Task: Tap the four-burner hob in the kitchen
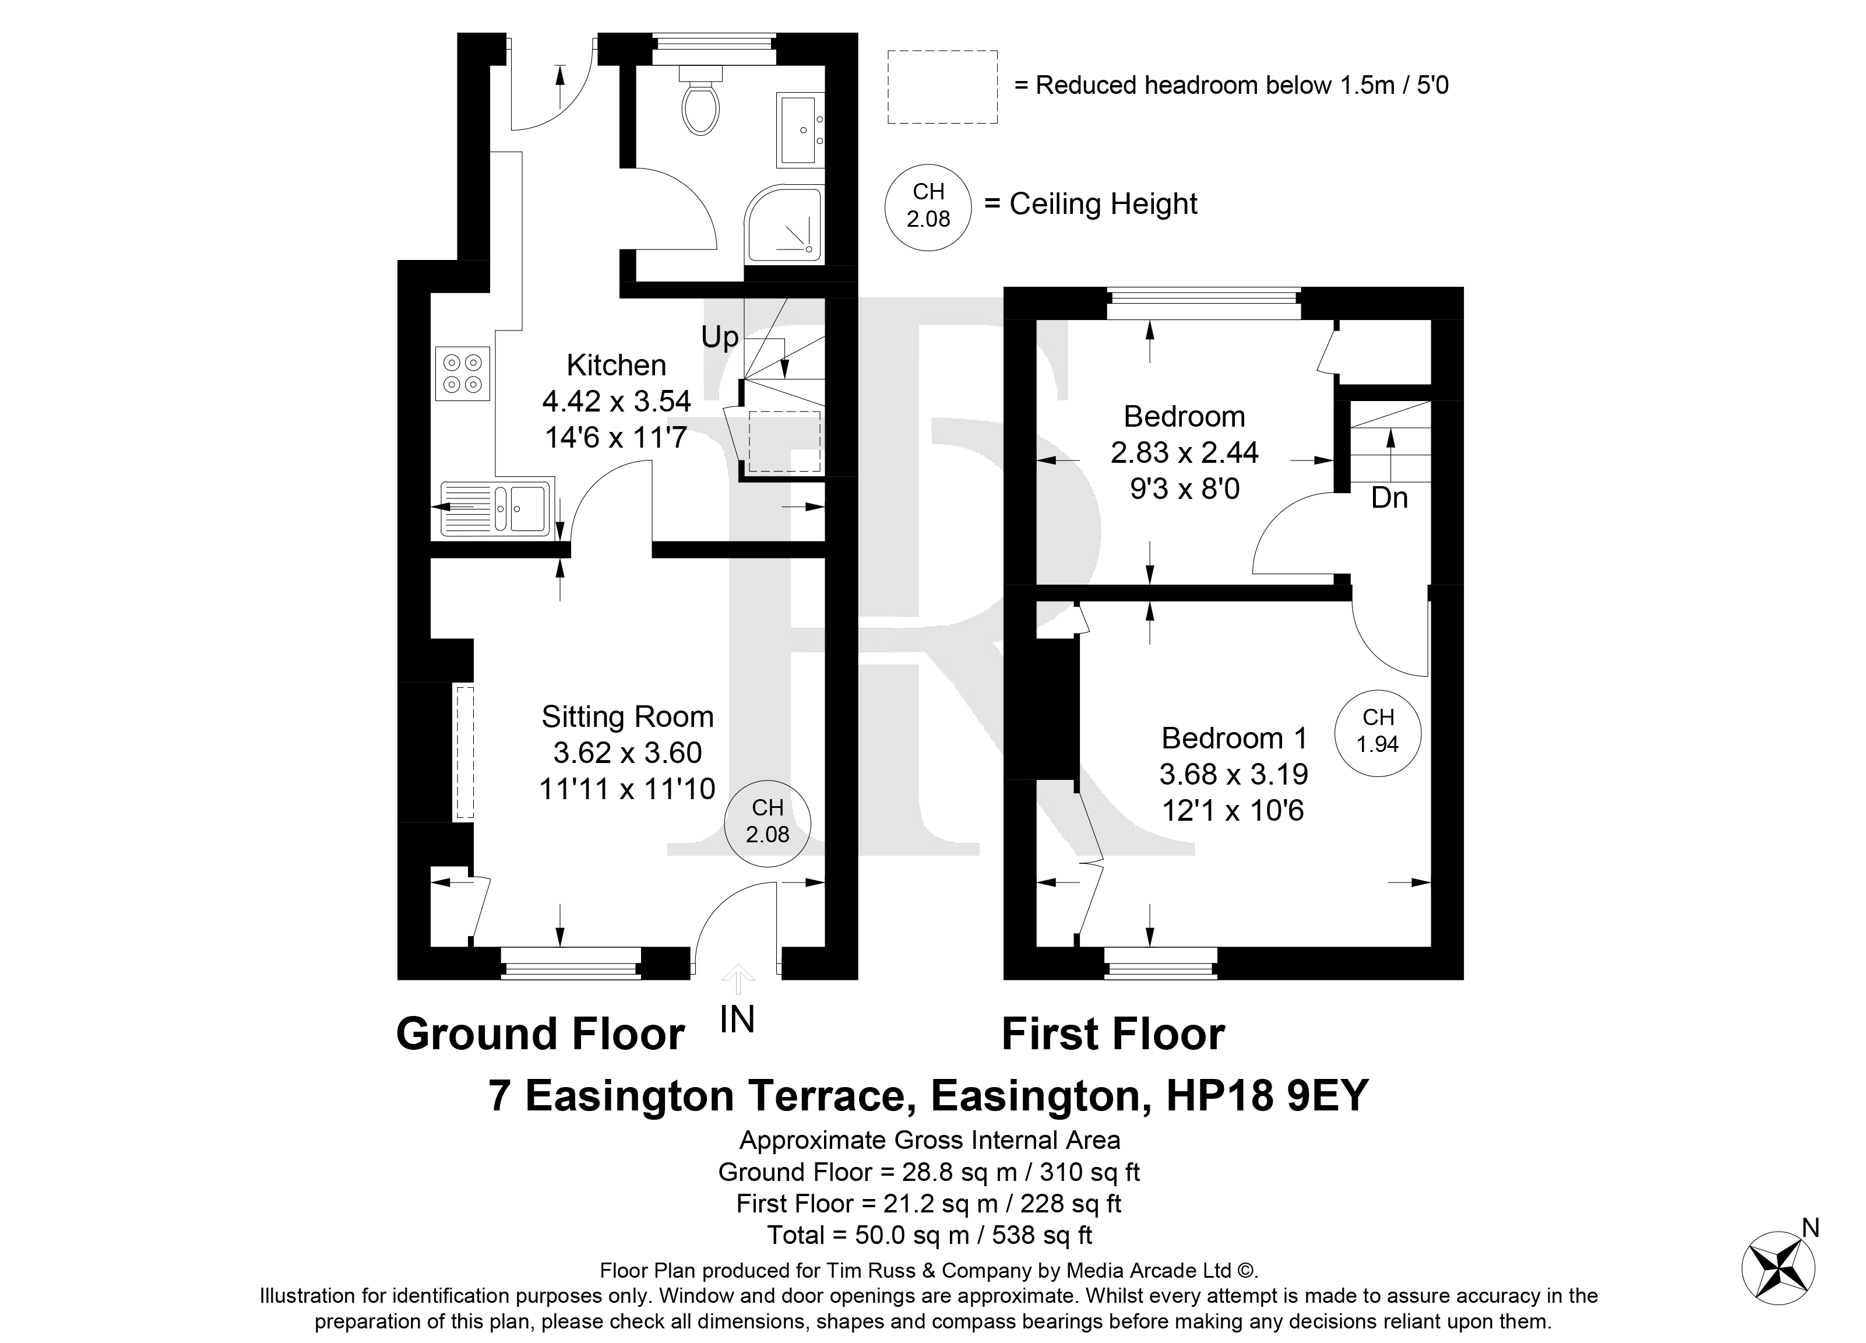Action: tap(462, 374)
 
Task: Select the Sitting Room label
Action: tap(628, 717)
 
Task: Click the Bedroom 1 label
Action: tap(1234, 738)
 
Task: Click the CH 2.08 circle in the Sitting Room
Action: tap(767, 823)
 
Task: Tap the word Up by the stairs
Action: tap(720, 337)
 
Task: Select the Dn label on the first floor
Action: tap(1390, 498)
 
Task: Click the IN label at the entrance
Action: tap(737, 1021)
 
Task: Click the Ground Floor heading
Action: tap(541, 1035)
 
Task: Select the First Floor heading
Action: tap(1113, 1035)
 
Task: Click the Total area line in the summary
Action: tap(930, 1235)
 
